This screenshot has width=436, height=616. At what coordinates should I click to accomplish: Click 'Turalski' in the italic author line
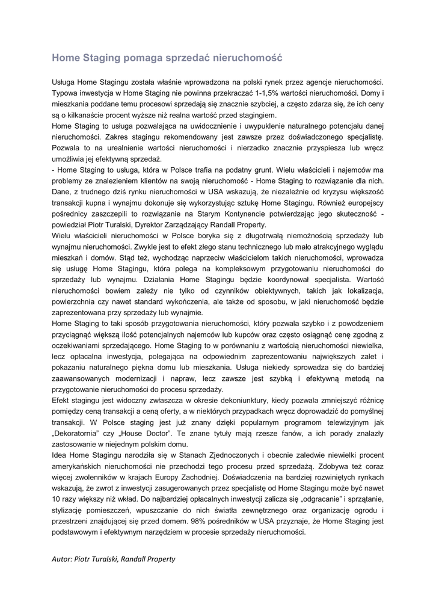click(103, 559)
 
